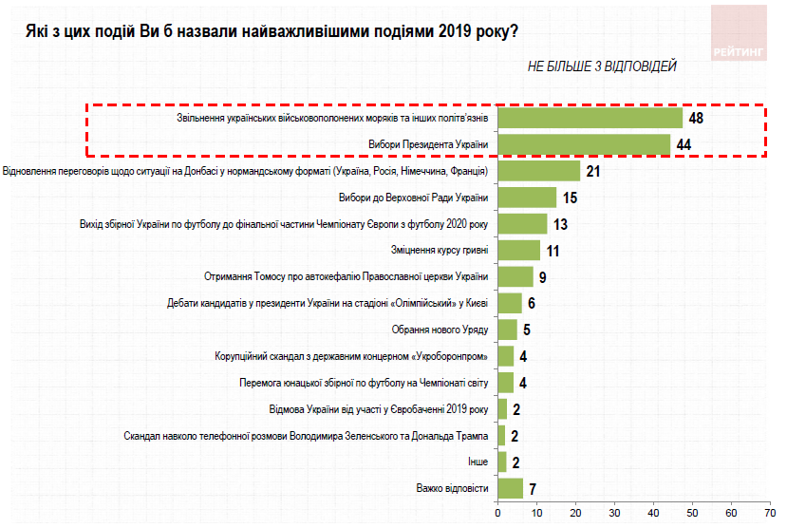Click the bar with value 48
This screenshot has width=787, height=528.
click(x=590, y=118)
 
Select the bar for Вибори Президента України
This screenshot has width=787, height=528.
click(x=583, y=144)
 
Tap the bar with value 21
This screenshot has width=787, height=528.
click(x=538, y=171)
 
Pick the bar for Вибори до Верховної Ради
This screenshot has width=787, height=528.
click(x=527, y=198)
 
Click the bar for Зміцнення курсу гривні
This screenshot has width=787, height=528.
click(x=518, y=250)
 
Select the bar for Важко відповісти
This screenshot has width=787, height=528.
click(x=511, y=488)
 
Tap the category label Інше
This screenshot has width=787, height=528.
click(x=478, y=462)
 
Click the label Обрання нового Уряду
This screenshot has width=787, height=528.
click(x=440, y=330)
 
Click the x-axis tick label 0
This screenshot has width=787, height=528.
click(x=498, y=515)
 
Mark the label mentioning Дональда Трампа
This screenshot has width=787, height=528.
click(x=306, y=436)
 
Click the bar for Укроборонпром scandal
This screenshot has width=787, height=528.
click(x=506, y=356)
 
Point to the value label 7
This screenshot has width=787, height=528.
click(x=534, y=489)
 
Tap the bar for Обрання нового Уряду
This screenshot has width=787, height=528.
click(x=508, y=330)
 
